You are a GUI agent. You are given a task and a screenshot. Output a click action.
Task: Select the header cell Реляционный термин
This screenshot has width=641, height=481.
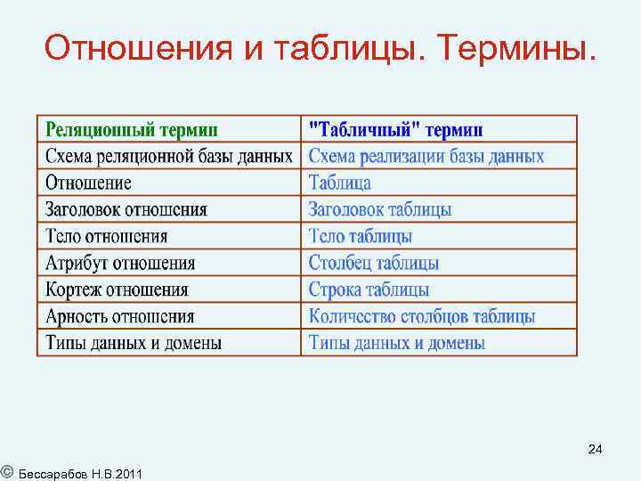(133, 130)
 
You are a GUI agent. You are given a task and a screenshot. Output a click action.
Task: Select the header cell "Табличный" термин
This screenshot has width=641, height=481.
(395, 130)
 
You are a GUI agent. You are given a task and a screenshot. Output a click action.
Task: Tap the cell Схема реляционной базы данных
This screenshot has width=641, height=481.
(168, 156)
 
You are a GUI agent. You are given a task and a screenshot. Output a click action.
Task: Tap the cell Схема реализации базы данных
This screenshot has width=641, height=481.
(426, 157)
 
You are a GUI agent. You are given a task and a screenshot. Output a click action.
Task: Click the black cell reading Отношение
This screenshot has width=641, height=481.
(88, 183)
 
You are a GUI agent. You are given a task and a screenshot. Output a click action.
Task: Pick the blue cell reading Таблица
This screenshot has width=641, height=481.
(339, 183)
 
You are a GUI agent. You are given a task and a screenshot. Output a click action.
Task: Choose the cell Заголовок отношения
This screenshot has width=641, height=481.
(126, 210)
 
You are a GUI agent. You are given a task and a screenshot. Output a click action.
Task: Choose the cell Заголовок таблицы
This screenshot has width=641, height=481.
(379, 210)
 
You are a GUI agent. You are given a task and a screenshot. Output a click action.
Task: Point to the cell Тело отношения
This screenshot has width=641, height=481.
(106, 237)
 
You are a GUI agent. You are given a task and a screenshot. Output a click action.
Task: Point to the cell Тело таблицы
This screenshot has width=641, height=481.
(360, 237)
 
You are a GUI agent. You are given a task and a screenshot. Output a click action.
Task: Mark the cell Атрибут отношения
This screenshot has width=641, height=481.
(119, 264)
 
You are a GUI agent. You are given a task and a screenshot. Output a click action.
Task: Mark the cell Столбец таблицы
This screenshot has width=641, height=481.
(373, 264)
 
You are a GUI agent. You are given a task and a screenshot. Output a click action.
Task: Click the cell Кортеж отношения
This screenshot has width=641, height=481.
(117, 290)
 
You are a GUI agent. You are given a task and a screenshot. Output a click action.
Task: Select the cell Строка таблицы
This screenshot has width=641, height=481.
(369, 290)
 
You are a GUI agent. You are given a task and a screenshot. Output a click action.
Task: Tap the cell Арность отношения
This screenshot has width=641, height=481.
(119, 316)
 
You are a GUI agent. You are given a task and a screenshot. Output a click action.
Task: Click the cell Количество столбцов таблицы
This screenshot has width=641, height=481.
(422, 316)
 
